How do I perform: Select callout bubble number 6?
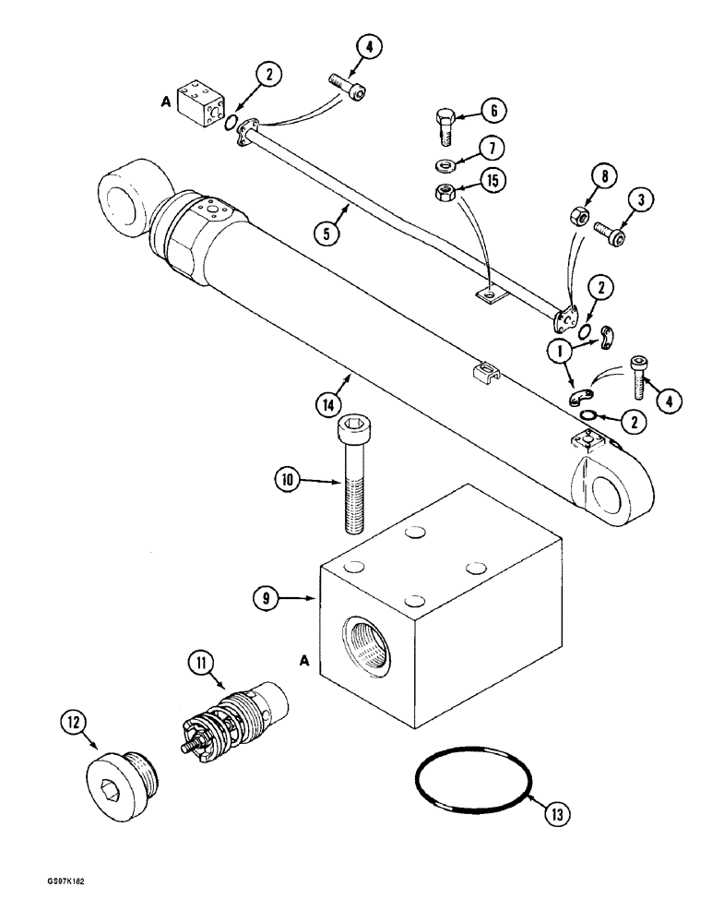click(493, 112)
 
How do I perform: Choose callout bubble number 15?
click(492, 181)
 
